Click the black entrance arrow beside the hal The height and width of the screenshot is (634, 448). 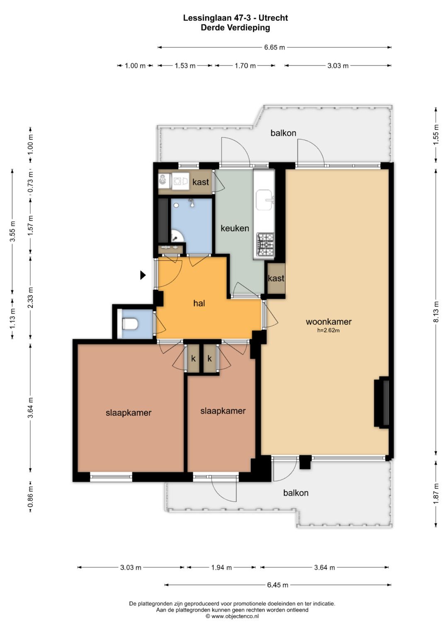pyautogui.click(x=143, y=275)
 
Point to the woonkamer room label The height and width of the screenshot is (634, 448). pyautogui.click(x=329, y=321)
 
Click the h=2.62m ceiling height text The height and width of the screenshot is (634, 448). pyautogui.click(x=329, y=330)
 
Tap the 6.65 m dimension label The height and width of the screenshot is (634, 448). pyautogui.click(x=274, y=47)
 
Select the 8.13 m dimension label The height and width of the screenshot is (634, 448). pyautogui.click(x=436, y=312)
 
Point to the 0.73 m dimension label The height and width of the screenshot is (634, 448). pyautogui.click(x=31, y=182)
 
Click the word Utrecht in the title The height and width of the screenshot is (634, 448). pyautogui.click(x=275, y=18)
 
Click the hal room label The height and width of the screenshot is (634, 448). pyautogui.click(x=199, y=304)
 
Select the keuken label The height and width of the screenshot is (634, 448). pyautogui.click(x=235, y=228)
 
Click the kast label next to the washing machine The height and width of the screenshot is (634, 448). pyautogui.click(x=200, y=182)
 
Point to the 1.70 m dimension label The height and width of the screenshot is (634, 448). pyautogui.click(x=245, y=66)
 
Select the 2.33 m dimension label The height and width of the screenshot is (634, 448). pyautogui.click(x=31, y=297)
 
